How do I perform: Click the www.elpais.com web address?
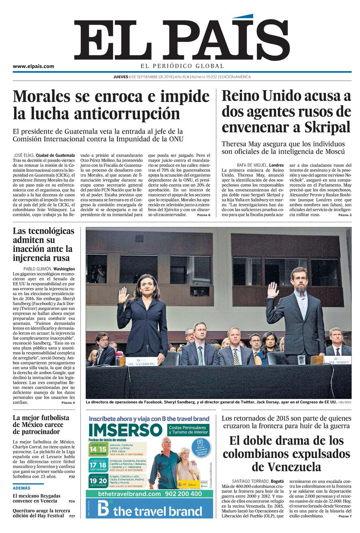[x=33, y=66]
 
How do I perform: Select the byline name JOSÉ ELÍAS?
[x=23, y=155]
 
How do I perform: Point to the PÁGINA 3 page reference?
[x=344, y=215]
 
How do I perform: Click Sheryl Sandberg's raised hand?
[x=124, y=295]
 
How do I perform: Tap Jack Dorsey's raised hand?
[x=273, y=290]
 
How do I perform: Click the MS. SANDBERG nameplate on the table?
[x=142, y=363]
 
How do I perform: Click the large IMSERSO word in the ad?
[x=125, y=430]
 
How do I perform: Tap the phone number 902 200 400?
[x=182, y=494]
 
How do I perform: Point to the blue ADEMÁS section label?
[x=22, y=488]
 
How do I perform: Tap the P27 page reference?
[x=72, y=516]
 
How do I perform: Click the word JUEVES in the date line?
[x=120, y=77]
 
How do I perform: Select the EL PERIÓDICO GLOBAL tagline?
[x=182, y=66]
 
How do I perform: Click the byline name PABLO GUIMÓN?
[x=38, y=269]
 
